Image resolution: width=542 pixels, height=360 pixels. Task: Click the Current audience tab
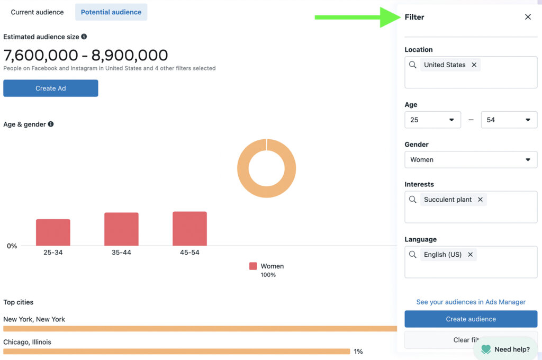pyautogui.click(x=37, y=12)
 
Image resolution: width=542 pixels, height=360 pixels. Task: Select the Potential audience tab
pyautogui.click(x=111, y=12)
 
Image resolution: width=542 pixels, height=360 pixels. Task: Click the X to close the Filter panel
pyautogui.click(x=528, y=17)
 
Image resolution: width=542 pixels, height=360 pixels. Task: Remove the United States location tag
pyautogui.click(x=474, y=65)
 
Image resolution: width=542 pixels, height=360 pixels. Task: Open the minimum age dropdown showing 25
pyautogui.click(x=432, y=120)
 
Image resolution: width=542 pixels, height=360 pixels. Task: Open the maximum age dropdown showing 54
pyautogui.click(x=509, y=120)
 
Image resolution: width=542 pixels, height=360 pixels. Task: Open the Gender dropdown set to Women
pyautogui.click(x=471, y=159)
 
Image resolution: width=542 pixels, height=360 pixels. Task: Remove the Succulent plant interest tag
pyautogui.click(x=480, y=200)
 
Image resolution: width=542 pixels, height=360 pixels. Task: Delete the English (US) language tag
pyautogui.click(x=470, y=255)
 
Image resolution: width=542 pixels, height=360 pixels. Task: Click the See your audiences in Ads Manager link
pyautogui.click(x=471, y=302)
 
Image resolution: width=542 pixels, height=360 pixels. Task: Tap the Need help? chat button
pyautogui.click(x=505, y=349)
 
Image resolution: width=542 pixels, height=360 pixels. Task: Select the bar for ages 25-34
pyautogui.click(x=53, y=232)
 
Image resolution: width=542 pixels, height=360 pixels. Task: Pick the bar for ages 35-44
pyautogui.click(x=121, y=229)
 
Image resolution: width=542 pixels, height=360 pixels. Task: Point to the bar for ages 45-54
pyautogui.click(x=189, y=229)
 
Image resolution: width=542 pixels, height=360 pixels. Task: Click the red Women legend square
pyautogui.click(x=253, y=266)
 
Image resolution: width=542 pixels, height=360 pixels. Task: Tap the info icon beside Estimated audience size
pyautogui.click(x=84, y=37)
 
